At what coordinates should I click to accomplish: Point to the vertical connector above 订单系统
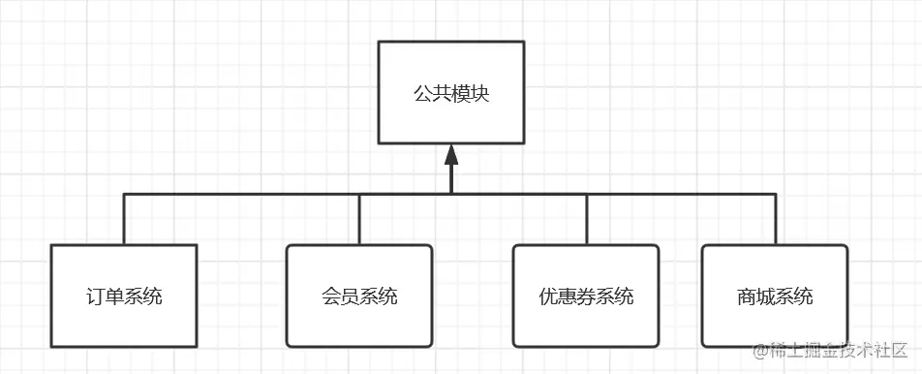tap(124, 219)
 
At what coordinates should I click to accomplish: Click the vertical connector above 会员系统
tap(359, 219)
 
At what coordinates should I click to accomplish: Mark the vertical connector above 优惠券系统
tap(586, 219)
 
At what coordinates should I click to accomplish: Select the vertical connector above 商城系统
tap(775, 219)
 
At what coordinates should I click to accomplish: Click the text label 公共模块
tap(450, 96)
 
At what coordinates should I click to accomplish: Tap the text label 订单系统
tap(124, 296)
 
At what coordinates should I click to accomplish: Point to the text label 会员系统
tap(359, 296)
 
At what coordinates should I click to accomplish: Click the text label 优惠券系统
tap(586, 296)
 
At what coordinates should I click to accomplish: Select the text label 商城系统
tap(775, 296)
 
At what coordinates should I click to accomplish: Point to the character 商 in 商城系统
tap(746, 296)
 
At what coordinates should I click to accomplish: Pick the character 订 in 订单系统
tap(95, 296)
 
